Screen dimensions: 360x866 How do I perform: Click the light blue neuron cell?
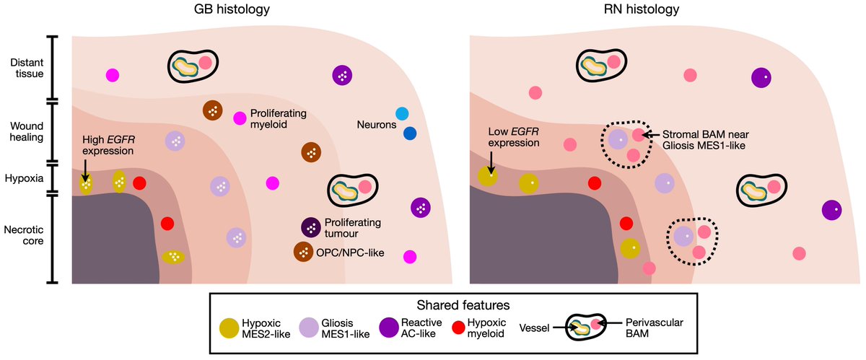[x=403, y=113]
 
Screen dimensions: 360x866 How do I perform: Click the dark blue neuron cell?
[x=410, y=133]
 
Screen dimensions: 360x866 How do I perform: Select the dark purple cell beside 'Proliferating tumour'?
[x=312, y=227]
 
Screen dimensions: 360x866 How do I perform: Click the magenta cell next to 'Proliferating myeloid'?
[x=239, y=118]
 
